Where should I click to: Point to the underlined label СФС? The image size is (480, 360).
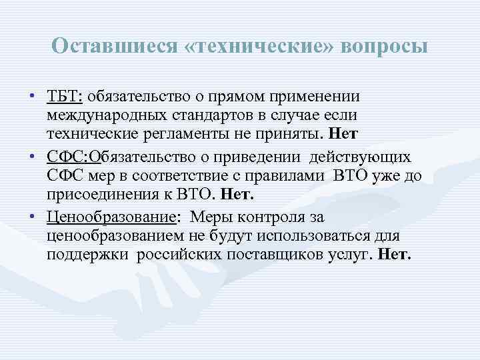(73, 157)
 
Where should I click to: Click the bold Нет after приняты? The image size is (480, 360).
(344, 133)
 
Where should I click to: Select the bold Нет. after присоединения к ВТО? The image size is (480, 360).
(237, 193)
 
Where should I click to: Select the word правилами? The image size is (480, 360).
(293, 175)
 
